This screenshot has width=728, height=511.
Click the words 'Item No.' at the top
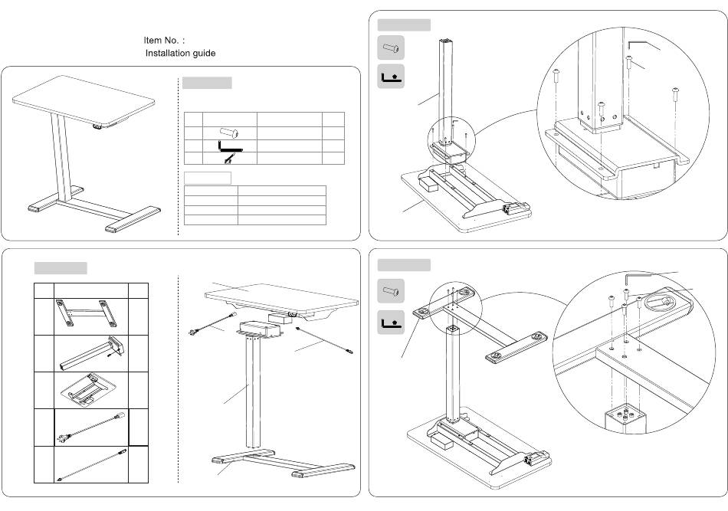tap(161, 41)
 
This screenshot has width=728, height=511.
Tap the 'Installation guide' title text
tap(180, 54)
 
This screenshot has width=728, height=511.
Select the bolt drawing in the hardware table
tap(229, 133)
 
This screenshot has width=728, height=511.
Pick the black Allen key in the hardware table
tap(230, 146)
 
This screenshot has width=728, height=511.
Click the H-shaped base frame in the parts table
tap(87, 313)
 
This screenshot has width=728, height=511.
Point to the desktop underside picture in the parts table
tap(89, 389)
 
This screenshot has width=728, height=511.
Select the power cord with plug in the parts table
tap(90, 427)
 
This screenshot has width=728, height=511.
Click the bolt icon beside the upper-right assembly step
tap(391, 47)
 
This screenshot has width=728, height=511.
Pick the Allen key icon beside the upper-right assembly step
tap(391, 77)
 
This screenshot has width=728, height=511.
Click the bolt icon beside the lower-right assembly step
tap(391, 291)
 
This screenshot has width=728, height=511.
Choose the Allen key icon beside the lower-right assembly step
tap(391, 322)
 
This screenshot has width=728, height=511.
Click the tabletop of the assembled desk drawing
tap(84, 100)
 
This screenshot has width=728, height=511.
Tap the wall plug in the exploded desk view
tap(194, 332)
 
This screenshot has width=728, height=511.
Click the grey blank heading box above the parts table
tap(61, 268)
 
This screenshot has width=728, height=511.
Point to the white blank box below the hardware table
tap(208, 178)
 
